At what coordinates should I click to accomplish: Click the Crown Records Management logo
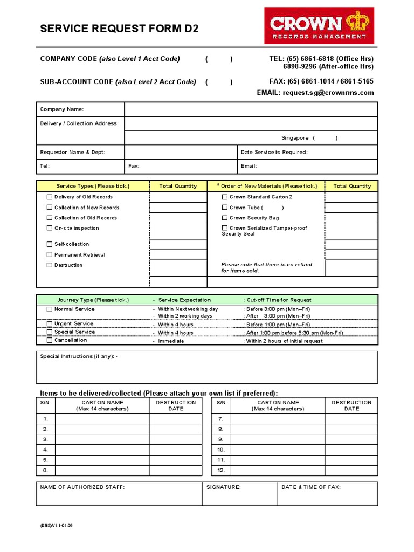[319, 25]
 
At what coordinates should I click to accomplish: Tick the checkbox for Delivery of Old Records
[50, 197]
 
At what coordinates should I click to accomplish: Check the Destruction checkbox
[50, 265]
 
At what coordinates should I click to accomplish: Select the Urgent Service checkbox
[50, 324]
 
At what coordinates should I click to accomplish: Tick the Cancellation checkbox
[50, 340]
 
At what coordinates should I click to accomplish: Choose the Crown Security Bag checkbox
[225, 218]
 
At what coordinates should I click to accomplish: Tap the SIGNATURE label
[224, 487]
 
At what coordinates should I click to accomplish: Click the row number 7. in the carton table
[220, 419]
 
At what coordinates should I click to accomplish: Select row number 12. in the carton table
[220, 470]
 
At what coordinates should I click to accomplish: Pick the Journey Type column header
[93, 300]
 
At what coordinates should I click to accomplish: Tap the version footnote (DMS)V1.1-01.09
[57, 525]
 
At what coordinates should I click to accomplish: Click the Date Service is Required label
[274, 153]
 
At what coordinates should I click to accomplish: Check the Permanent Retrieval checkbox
[50, 255]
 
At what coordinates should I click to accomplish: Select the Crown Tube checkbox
[225, 208]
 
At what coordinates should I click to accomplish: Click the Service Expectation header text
[184, 300]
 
